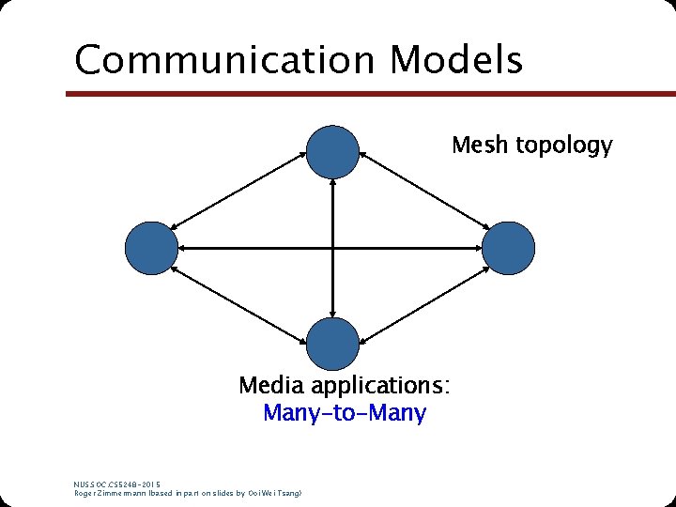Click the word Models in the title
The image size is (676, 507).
tap(456, 59)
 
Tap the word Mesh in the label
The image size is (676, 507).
tap(476, 146)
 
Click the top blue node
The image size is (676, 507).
tap(333, 151)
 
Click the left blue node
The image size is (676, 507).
tap(151, 248)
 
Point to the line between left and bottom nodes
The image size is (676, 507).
tap(242, 298)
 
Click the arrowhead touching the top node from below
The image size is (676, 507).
tap(333, 187)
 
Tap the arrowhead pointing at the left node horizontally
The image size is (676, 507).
tap(184, 248)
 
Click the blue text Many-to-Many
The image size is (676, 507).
tap(345, 412)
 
